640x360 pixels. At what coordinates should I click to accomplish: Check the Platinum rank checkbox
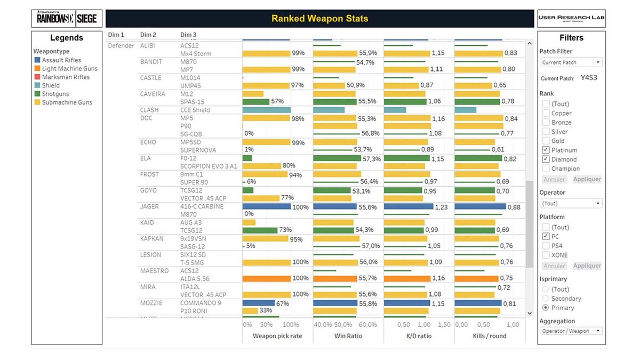tap(546, 150)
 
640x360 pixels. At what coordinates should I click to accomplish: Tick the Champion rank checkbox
tap(546, 169)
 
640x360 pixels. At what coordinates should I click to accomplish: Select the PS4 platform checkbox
tap(546, 246)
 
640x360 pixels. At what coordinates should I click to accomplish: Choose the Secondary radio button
tap(546, 299)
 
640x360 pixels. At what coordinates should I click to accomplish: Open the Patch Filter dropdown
tap(571, 62)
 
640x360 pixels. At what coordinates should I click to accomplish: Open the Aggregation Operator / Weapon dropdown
tap(571, 331)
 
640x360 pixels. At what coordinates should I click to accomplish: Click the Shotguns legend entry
tap(55, 94)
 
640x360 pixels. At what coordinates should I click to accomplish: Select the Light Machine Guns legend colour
tap(37, 69)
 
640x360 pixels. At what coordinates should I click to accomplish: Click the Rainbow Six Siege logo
tap(67, 19)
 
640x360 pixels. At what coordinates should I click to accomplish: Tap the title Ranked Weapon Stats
tap(319, 19)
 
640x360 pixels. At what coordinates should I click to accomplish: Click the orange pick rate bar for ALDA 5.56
tap(266, 278)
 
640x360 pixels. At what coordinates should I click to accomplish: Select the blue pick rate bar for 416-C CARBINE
tap(266, 206)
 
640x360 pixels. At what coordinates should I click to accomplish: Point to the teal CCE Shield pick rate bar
tap(266, 110)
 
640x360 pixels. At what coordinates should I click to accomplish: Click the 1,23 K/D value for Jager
tap(441, 207)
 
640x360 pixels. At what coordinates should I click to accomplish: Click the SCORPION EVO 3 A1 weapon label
tap(209, 166)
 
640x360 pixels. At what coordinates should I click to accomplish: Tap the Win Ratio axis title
tap(348, 336)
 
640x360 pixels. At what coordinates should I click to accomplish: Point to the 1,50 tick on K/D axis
tap(444, 325)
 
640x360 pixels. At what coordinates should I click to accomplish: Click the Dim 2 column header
tap(148, 35)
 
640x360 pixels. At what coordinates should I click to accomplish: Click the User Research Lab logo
tap(571, 19)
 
